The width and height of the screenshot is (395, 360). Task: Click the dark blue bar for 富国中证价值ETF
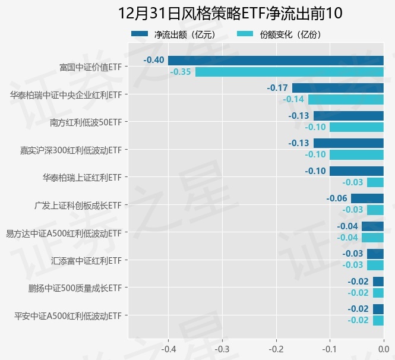[276, 60]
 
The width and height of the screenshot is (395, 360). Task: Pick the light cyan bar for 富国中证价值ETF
[289, 72]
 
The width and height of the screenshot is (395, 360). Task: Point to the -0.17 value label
[277, 88]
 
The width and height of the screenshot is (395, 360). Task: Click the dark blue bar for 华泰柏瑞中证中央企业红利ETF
[337, 88]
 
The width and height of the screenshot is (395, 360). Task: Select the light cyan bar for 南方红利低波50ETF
[356, 127]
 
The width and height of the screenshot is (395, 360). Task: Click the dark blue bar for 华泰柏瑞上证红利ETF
[356, 171]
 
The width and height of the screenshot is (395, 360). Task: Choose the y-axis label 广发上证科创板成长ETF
[78, 205]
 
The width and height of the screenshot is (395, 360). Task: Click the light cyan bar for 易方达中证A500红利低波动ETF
[372, 238]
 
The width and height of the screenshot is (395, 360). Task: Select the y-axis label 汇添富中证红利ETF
[86, 260]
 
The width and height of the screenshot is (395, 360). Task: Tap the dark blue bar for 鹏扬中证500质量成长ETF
[378, 282]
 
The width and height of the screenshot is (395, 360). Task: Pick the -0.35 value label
[181, 72]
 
